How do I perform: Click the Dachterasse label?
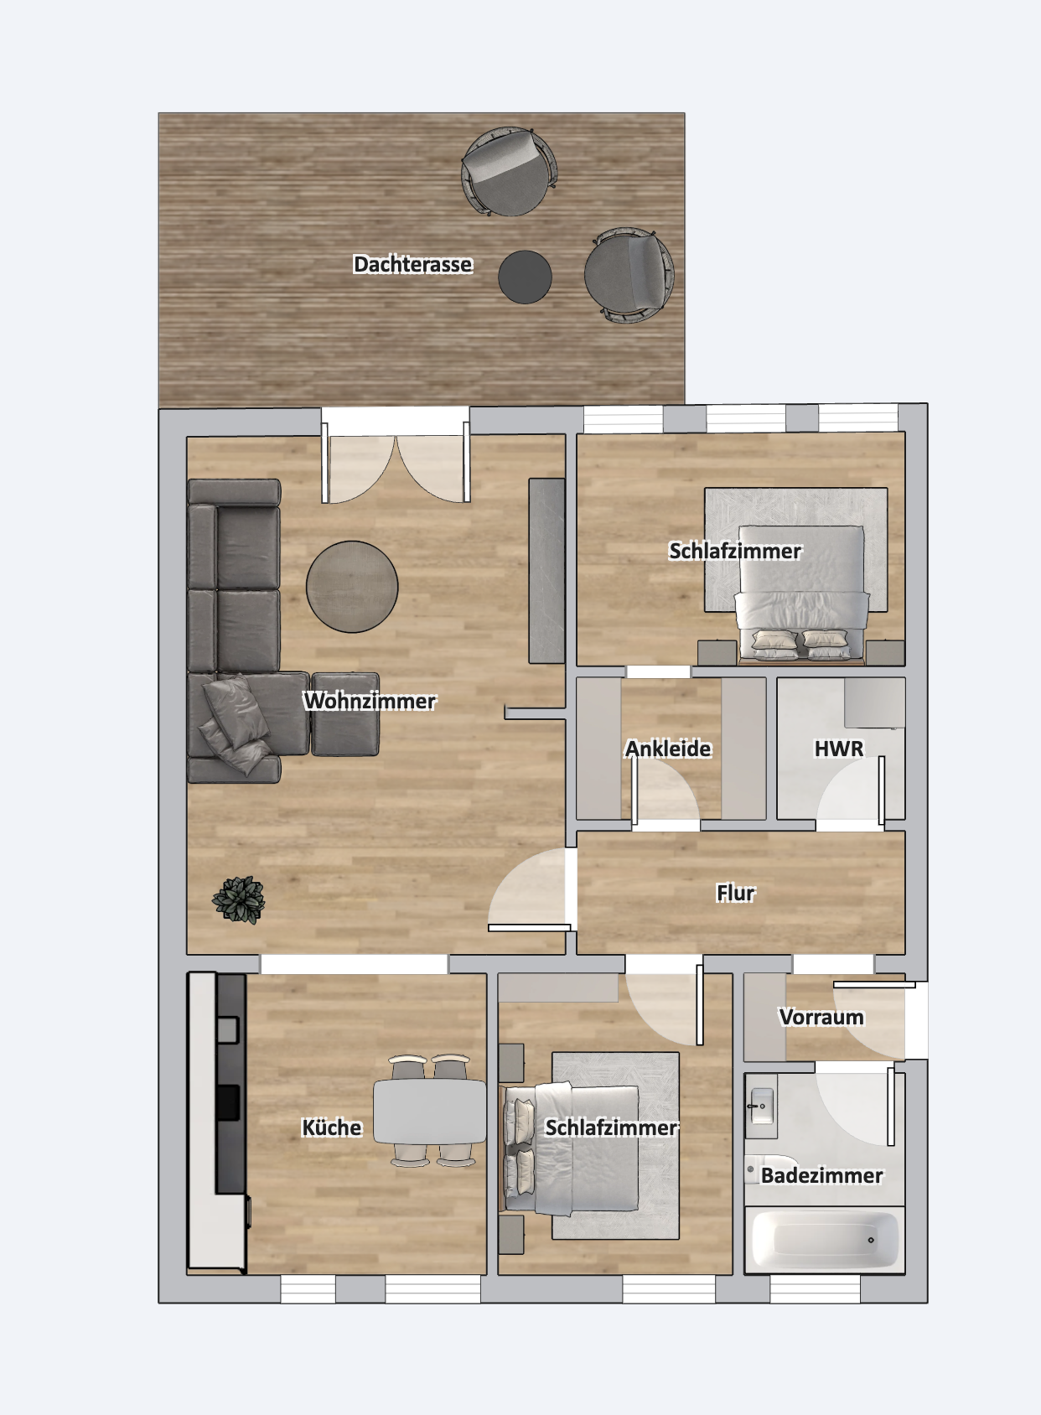coord(412,264)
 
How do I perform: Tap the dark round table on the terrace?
coord(525,277)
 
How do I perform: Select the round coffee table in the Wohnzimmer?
coord(352,586)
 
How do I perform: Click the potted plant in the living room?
coord(238,899)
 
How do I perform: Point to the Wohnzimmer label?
coord(370,701)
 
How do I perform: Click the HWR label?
coord(839,749)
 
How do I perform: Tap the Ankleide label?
coord(668,749)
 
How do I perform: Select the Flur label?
coord(735,893)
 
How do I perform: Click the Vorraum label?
coord(821,1017)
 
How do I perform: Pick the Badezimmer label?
coord(821,1175)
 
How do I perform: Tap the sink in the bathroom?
coord(761,1106)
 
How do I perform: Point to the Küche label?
coord(332,1127)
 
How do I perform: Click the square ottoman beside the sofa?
coord(344,714)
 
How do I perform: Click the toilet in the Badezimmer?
coord(770,1169)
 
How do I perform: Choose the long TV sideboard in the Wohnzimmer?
coord(546,570)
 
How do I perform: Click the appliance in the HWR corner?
coord(875,702)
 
